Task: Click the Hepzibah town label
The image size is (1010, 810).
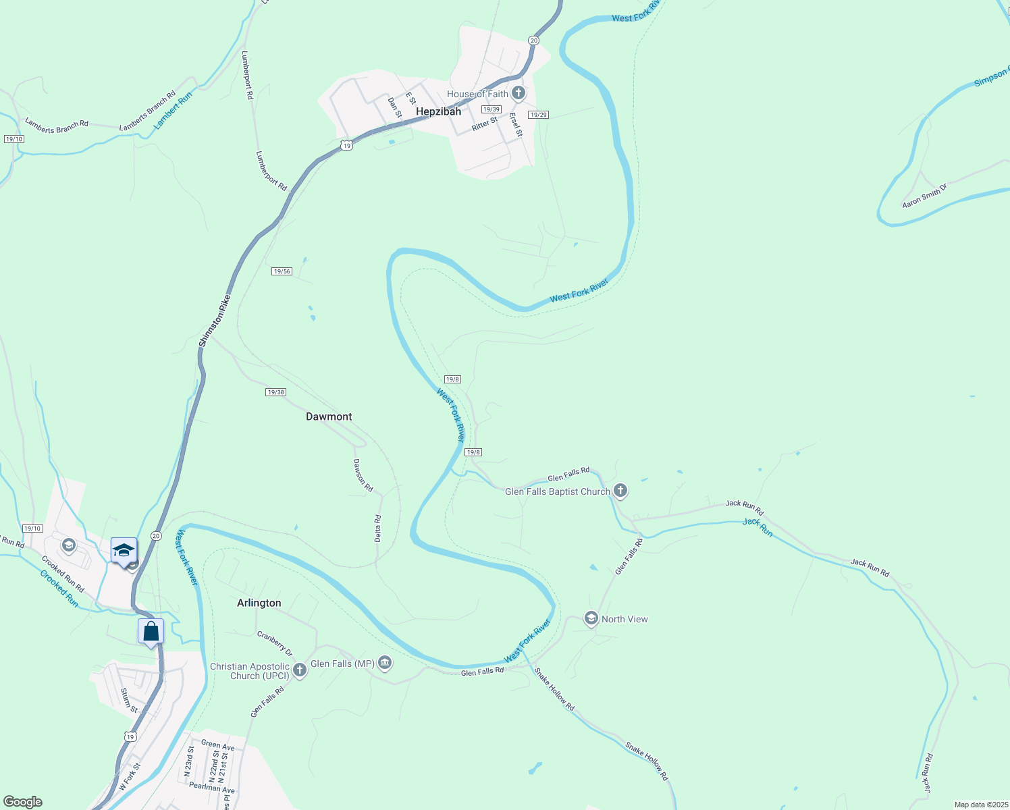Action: [438, 111]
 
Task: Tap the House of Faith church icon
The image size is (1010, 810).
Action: [518, 93]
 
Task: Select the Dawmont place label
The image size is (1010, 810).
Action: [329, 416]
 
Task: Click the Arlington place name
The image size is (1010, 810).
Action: [259, 603]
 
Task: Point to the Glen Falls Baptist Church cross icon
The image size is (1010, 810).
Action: [620, 491]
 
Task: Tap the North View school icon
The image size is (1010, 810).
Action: [591, 618]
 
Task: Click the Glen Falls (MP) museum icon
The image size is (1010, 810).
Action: [385, 664]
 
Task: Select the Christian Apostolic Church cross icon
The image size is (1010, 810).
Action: [300, 670]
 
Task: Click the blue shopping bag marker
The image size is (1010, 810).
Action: [151, 631]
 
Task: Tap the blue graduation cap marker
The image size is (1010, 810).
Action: [124, 550]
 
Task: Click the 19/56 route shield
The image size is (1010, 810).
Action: [282, 271]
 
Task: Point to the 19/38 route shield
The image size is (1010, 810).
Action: [275, 392]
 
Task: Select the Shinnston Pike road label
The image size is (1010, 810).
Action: [215, 321]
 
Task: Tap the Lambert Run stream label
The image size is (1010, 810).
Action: [173, 111]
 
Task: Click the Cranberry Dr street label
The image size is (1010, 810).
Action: [275, 643]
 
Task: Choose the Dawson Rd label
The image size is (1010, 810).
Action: [363, 475]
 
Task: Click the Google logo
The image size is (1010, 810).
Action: [23, 802]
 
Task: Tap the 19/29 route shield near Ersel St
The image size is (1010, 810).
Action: [538, 115]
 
